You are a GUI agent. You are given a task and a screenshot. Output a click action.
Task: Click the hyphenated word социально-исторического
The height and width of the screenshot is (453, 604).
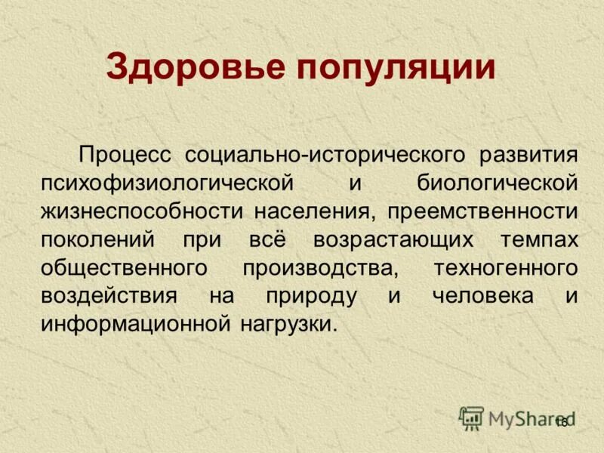pyautogui.click(x=331, y=154)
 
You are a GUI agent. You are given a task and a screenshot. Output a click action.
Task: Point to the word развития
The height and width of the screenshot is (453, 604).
pyautogui.click(x=529, y=154)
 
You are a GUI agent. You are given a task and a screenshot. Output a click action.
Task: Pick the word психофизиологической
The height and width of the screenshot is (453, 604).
pyautogui.click(x=166, y=183)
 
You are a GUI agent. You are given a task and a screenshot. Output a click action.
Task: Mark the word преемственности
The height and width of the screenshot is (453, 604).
pyautogui.click(x=484, y=211)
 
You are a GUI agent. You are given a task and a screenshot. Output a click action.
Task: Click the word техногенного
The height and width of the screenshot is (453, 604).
pyautogui.click(x=505, y=268)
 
